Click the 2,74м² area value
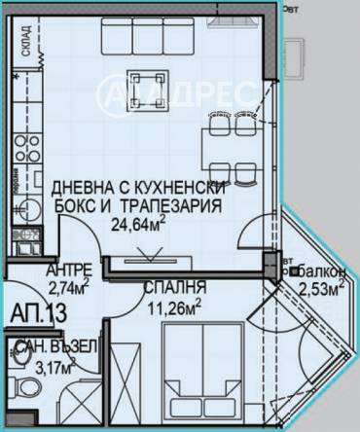[67, 287]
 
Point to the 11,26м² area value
[172, 306]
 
